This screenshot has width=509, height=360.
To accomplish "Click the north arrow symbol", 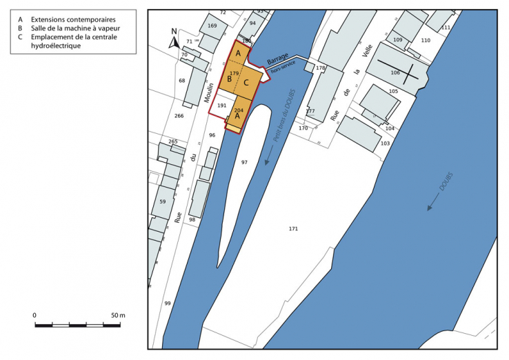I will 173,41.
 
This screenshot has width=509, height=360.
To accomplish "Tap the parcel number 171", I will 293,228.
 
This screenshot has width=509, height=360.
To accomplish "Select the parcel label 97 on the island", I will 244,162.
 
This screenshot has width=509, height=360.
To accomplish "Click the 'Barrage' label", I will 278,58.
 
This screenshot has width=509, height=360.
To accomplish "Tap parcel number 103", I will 385,143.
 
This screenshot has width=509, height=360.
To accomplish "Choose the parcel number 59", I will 163,201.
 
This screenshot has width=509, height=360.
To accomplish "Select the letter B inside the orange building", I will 230,79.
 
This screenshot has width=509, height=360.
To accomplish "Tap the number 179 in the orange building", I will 234,73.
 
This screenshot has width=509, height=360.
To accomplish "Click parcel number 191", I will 222,106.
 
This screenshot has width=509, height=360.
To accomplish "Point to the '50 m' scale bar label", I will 117,315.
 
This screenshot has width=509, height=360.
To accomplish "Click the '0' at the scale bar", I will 34,315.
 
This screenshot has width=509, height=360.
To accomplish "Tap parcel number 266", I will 179,116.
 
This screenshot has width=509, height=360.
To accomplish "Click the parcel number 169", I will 212,26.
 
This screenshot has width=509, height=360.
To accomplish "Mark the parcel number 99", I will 167,303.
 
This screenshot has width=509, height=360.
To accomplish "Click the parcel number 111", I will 446,27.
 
